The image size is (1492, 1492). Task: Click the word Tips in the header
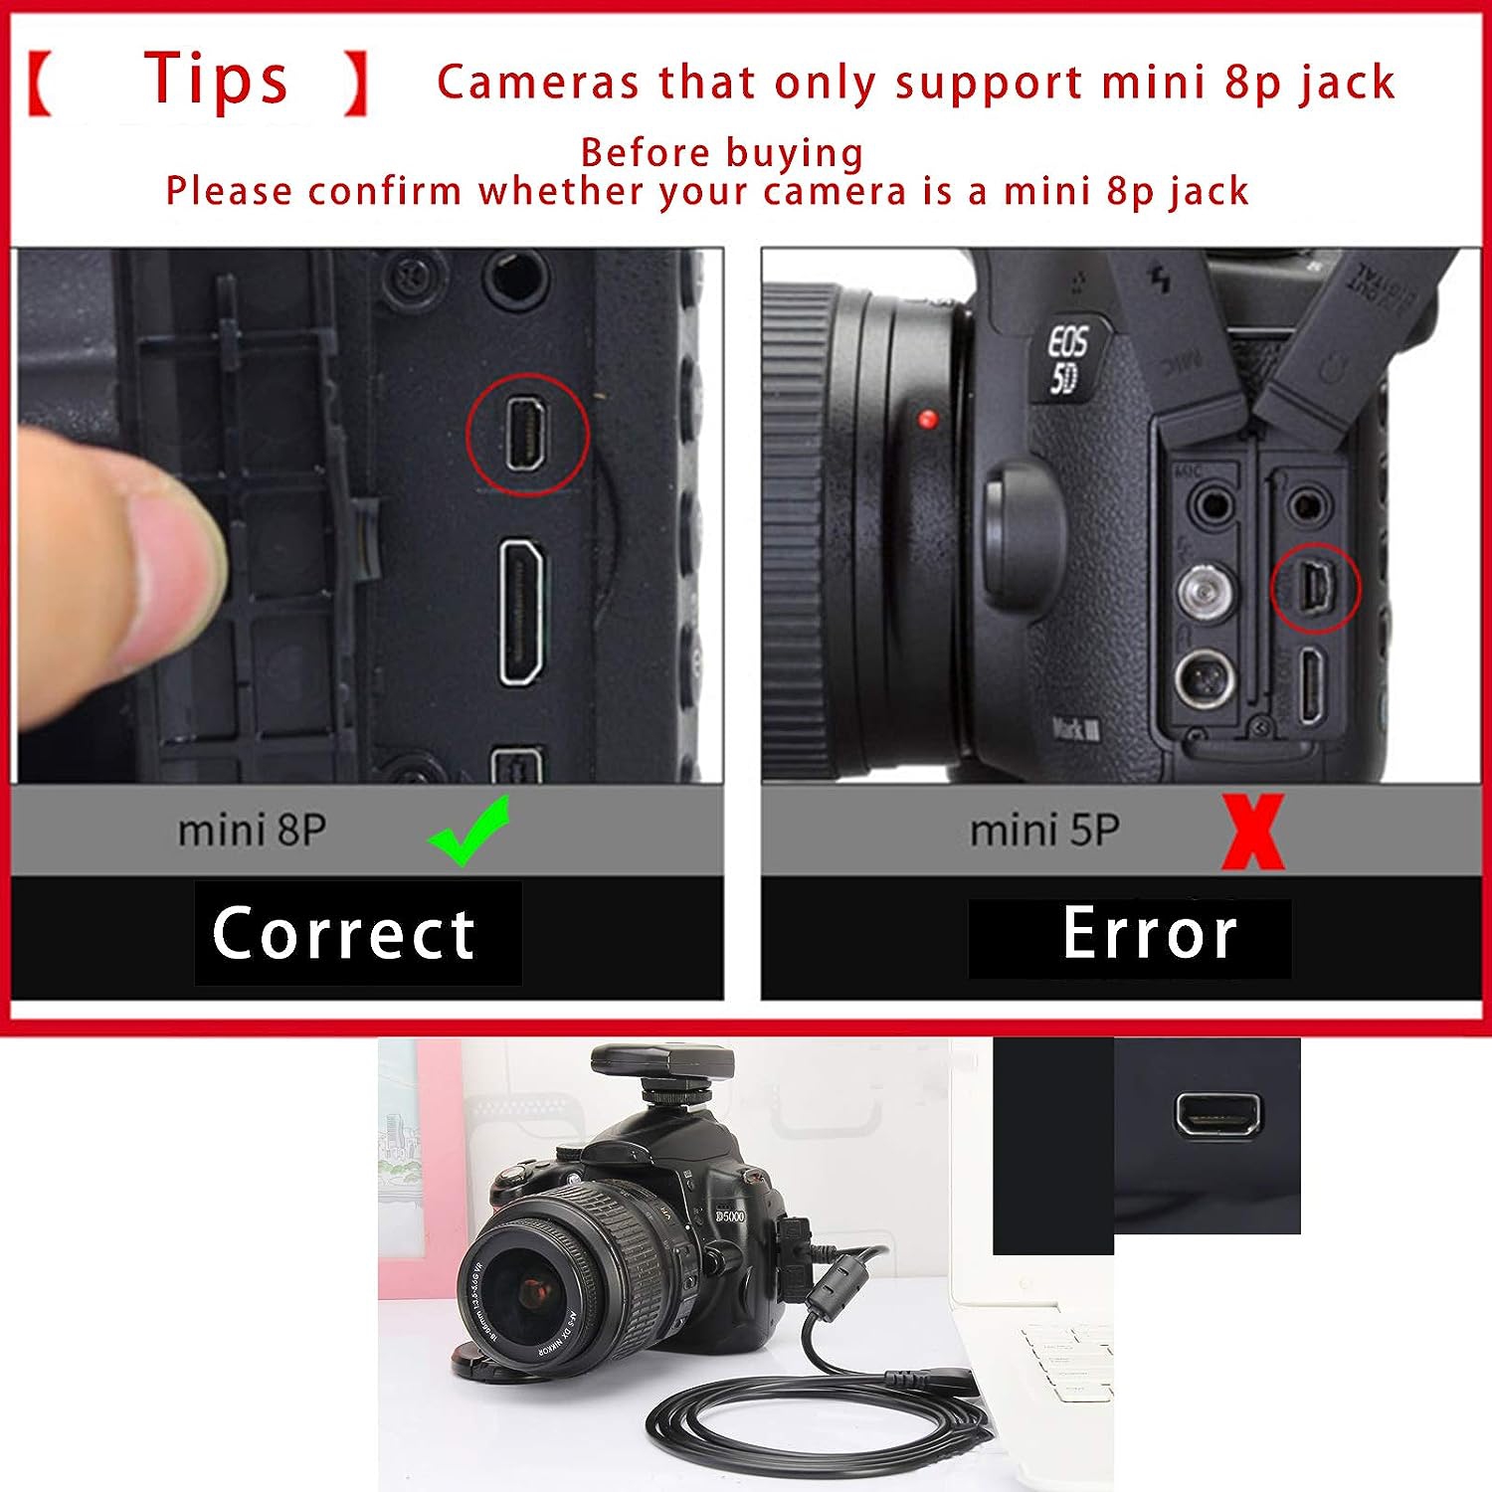click(217, 80)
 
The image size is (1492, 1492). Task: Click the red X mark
click(1252, 832)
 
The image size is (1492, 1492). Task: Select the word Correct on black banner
click(344, 934)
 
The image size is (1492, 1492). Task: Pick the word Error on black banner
click(1149, 934)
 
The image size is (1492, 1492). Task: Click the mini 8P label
click(252, 831)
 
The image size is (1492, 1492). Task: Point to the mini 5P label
click(1044, 831)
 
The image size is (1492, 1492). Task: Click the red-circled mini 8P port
click(527, 435)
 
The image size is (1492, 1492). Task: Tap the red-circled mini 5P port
click(1316, 588)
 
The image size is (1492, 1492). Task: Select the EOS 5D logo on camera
click(1067, 360)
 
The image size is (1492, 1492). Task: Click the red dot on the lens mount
click(928, 419)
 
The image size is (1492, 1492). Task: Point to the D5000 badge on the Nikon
click(730, 1215)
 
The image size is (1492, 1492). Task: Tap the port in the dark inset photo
click(1217, 1113)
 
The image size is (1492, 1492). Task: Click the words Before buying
click(722, 153)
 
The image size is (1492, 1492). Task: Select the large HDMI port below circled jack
click(521, 612)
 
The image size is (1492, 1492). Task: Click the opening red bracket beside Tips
click(41, 84)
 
